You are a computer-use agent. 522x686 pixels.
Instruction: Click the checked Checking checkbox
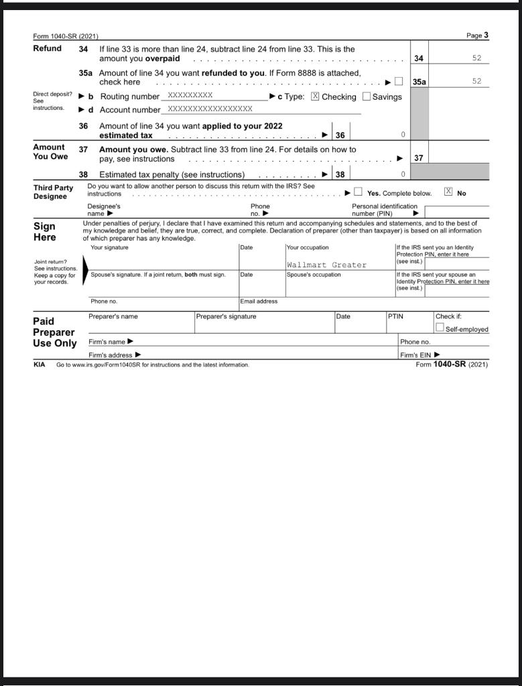(315, 96)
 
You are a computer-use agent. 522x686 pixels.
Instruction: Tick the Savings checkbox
(367, 96)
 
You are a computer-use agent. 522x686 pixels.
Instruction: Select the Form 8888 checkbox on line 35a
(399, 82)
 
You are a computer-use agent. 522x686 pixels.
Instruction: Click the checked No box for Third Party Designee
(448, 193)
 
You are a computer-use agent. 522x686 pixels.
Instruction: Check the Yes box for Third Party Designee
(358, 193)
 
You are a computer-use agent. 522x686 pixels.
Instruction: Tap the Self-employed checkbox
(440, 328)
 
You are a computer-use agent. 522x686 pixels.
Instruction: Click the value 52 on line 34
(476, 58)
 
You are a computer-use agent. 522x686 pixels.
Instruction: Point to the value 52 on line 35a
(476, 81)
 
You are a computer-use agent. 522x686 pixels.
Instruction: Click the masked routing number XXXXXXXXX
(190, 96)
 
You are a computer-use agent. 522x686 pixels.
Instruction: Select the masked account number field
(210, 109)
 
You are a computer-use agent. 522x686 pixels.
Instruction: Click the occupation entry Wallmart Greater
(326, 265)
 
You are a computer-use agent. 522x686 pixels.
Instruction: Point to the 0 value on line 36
(403, 135)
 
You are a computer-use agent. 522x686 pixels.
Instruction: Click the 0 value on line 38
(403, 174)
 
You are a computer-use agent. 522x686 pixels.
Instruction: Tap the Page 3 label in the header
(477, 36)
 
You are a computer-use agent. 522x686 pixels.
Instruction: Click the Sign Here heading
(45, 232)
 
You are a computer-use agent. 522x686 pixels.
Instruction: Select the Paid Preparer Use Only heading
(54, 332)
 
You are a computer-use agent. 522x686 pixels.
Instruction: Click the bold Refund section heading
(48, 49)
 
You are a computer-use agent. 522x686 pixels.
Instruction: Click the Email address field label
(259, 301)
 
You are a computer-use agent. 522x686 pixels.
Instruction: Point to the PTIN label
(396, 317)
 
